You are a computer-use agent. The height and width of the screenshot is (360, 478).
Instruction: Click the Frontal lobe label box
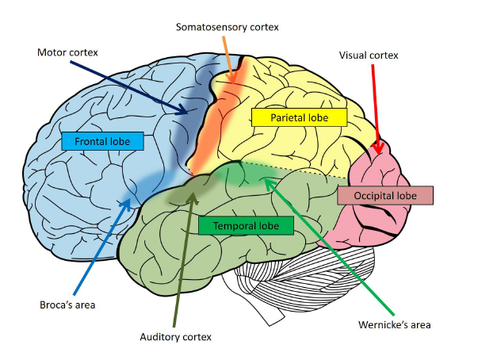[102, 141]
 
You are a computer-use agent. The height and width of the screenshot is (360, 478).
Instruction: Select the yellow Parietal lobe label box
[299, 117]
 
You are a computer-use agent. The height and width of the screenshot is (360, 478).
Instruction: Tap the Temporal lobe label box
[246, 225]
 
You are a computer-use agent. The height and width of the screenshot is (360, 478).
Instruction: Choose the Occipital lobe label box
[385, 195]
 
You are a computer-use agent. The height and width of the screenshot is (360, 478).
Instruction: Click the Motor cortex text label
[67, 52]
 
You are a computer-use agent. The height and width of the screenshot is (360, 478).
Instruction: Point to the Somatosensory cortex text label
[228, 27]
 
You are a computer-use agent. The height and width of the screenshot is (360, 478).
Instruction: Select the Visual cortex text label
[369, 56]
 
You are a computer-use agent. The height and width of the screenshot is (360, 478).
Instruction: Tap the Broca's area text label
[67, 304]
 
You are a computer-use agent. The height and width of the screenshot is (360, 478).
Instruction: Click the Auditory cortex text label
[176, 337]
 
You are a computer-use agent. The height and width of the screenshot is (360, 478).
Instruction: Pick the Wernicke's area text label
[395, 325]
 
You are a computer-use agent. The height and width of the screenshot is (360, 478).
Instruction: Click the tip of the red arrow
[378, 155]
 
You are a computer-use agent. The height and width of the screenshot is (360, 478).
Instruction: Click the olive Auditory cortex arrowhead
[193, 193]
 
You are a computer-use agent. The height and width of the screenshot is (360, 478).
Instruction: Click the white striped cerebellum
[305, 274]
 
